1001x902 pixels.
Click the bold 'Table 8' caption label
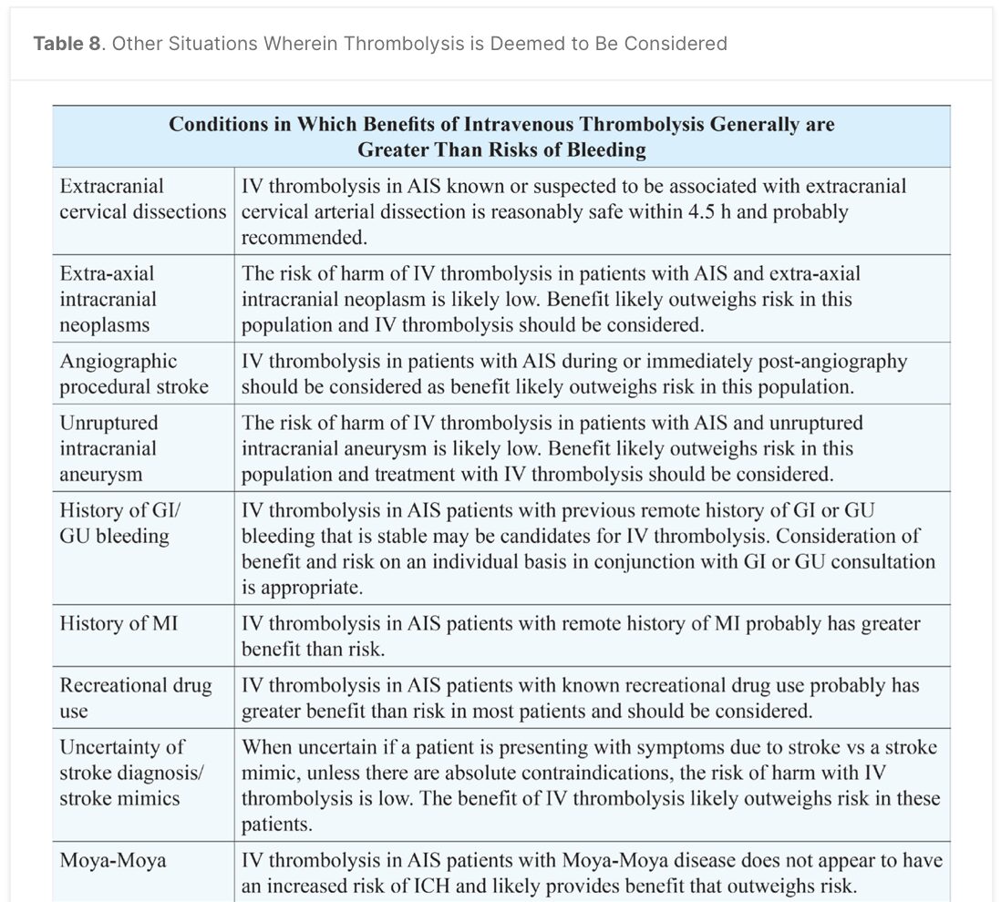pos(67,44)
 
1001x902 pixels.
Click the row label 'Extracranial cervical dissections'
pos(142,199)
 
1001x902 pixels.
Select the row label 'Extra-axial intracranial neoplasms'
pos(108,299)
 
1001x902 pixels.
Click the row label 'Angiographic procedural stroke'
pos(134,374)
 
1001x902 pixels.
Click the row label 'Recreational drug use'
pos(135,698)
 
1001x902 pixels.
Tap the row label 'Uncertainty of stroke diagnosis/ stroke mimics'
pos(132,773)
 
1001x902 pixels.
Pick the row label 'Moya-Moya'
pos(113,860)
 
